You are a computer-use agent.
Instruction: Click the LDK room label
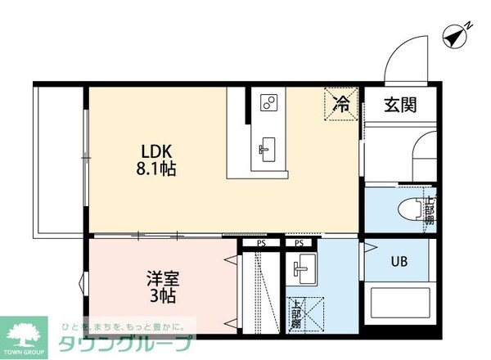click(157, 151)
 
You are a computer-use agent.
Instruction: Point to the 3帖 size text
click(161, 296)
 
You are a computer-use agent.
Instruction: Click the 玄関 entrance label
click(401, 105)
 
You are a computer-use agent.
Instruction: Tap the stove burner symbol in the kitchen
click(269, 102)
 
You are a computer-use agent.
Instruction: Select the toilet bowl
click(408, 209)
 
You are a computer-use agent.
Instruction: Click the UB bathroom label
click(399, 263)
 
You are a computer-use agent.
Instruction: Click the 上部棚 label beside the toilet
click(429, 210)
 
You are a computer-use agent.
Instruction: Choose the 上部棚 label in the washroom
click(295, 315)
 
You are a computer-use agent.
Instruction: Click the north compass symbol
click(454, 34)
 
